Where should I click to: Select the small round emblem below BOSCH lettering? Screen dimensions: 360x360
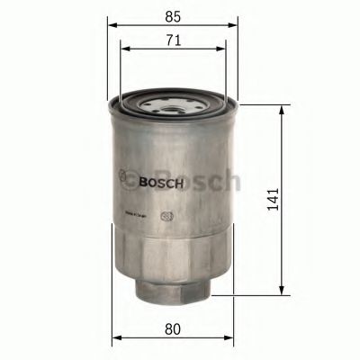click(166, 215)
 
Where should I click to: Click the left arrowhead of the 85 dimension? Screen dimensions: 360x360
click(112, 26)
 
